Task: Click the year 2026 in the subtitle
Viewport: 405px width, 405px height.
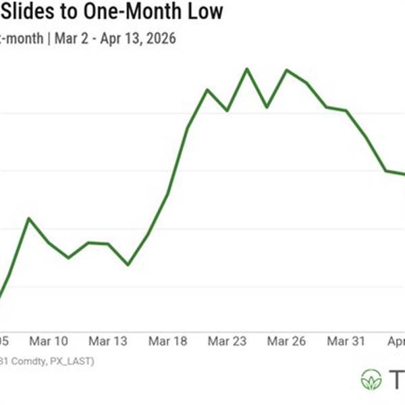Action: (x=161, y=38)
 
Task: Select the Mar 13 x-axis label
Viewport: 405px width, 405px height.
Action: (x=109, y=342)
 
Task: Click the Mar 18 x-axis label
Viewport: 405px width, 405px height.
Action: (x=167, y=342)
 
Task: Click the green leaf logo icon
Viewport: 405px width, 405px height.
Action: (x=371, y=379)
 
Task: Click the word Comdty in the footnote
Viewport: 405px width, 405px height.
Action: (x=30, y=361)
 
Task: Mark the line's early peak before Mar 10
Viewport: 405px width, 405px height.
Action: (x=28, y=219)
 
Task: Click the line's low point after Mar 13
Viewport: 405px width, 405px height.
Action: (x=128, y=265)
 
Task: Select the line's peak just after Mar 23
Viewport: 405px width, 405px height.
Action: (x=247, y=69)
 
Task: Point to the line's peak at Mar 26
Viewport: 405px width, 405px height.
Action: (x=286, y=70)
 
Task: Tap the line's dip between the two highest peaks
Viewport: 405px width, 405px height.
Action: (x=267, y=107)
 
